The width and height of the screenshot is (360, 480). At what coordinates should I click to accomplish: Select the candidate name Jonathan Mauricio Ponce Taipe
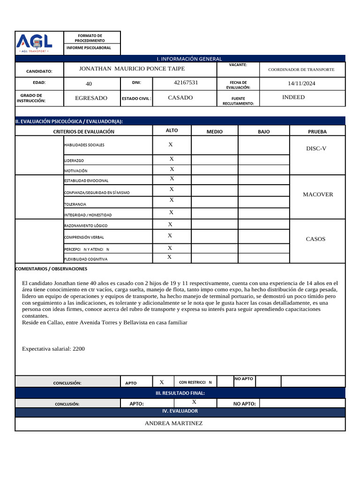tap(132, 69)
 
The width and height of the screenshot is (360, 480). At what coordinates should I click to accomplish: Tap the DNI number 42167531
tap(186, 82)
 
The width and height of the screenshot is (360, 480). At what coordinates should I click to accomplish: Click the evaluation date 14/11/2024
tap(301, 83)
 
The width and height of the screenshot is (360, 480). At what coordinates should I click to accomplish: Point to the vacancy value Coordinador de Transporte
tap(301, 69)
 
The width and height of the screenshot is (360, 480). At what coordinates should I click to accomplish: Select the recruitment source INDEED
tap(293, 97)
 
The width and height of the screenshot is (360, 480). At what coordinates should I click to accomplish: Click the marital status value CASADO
tap(180, 98)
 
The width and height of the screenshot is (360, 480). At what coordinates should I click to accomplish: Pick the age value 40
tap(89, 84)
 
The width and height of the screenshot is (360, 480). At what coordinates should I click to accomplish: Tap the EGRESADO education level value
tap(91, 98)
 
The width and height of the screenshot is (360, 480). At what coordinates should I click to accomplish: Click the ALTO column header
tap(172, 131)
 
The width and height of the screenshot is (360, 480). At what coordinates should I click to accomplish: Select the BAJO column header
tap(263, 132)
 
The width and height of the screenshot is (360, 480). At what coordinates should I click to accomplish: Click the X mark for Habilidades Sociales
tap(171, 145)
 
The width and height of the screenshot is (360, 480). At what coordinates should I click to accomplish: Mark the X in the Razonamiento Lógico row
tap(170, 225)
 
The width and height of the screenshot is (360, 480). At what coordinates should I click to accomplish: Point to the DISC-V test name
tap(316, 149)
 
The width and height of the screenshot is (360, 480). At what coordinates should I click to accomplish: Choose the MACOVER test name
tap(318, 195)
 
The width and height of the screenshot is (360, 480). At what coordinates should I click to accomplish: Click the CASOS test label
tap(315, 239)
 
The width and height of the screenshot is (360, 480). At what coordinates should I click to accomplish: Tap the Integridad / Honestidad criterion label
tap(88, 215)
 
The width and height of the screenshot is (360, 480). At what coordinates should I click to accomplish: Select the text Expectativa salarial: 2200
tap(53, 349)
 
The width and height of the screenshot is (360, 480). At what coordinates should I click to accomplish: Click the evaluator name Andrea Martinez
tap(173, 423)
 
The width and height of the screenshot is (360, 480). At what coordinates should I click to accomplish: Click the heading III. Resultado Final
tap(180, 393)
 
